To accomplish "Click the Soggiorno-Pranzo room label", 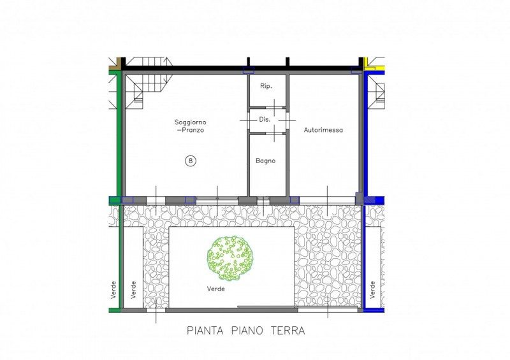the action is click(x=190, y=126).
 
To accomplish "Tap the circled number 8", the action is click(x=190, y=161).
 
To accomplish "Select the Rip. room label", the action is click(x=266, y=86).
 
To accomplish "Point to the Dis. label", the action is click(x=265, y=119).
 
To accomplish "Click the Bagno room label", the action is click(x=265, y=161).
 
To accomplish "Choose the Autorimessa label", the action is click(x=323, y=130).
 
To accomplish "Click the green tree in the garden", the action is click(x=231, y=259).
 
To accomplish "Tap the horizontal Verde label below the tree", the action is click(x=215, y=289).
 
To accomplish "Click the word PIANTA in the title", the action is click(x=205, y=331).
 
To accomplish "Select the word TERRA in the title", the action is click(x=288, y=331).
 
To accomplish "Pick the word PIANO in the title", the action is click(x=247, y=331).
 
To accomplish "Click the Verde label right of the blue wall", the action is click(x=372, y=289).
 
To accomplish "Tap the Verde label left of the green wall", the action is click(x=113, y=290).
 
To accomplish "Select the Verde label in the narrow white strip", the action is click(x=133, y=290).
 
